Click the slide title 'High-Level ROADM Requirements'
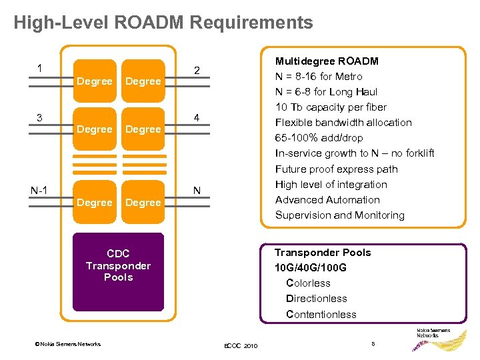163,23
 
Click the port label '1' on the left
41,68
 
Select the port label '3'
41,118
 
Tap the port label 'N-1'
39,190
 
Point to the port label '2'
197,71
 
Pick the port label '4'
197,119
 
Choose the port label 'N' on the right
197,191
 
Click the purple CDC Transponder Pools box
118,271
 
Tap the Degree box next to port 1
94,81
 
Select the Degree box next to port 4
143,129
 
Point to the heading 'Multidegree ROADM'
327,61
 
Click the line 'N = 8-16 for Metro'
319,76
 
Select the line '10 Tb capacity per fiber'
331,107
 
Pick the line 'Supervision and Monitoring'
339,215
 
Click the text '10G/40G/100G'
311,267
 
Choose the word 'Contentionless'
321,314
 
